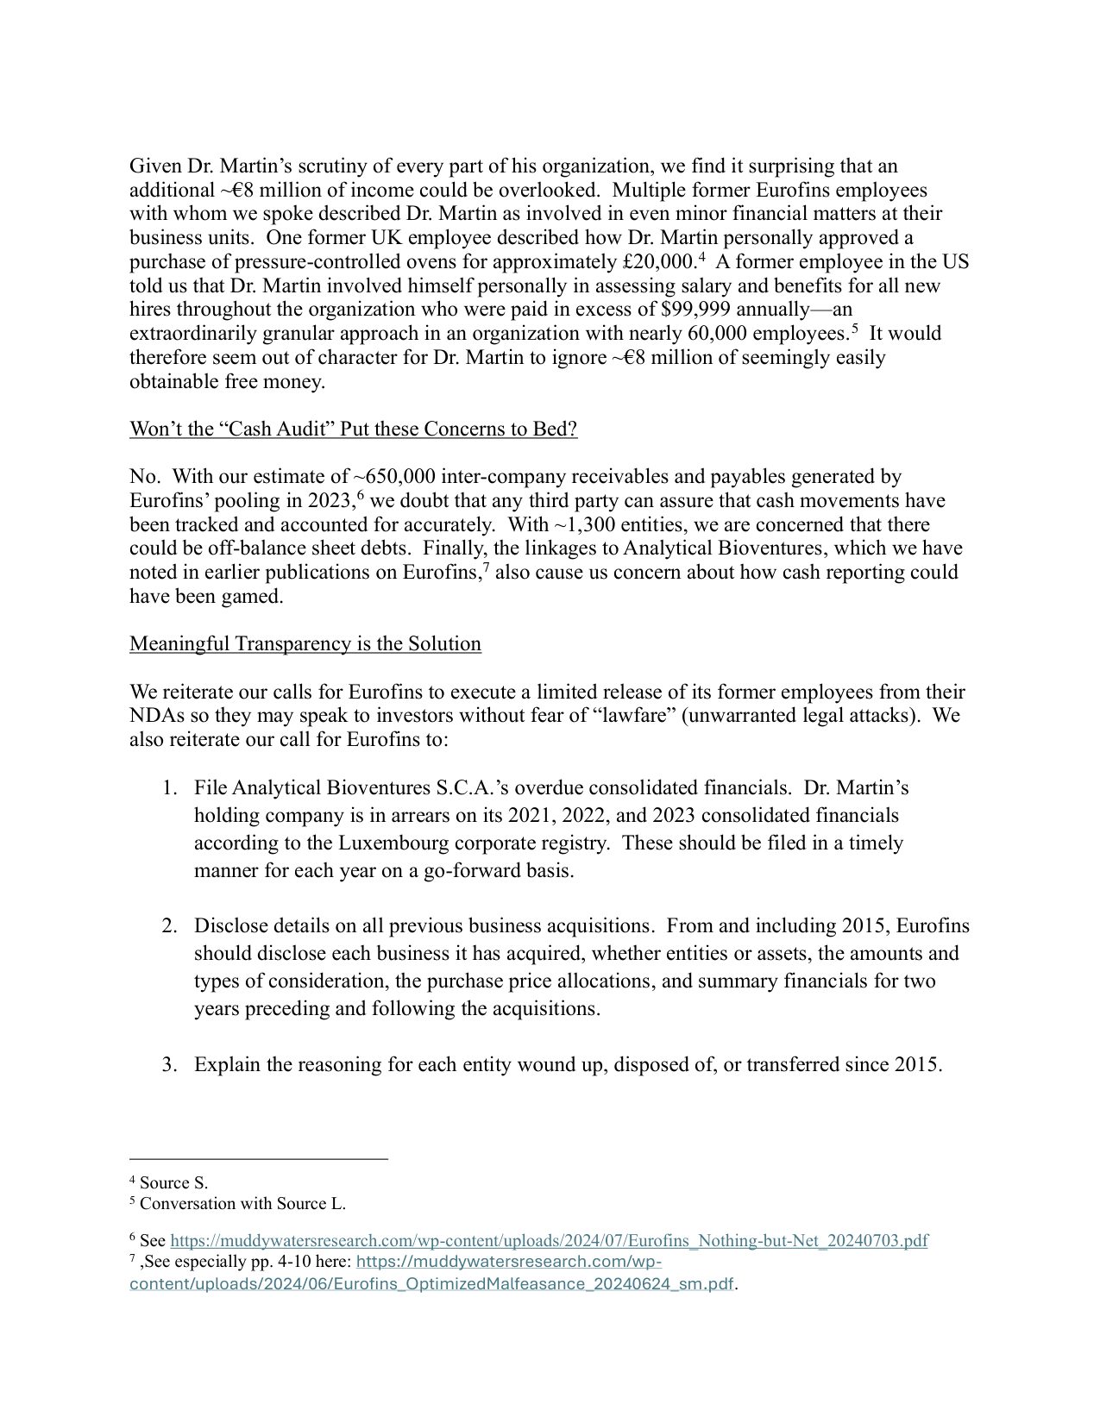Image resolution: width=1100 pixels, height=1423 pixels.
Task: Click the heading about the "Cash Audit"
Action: pyautogui.click(x=353, y=429)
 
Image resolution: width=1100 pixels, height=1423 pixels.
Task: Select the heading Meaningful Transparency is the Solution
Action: pyautogui.click(x=305, y=644)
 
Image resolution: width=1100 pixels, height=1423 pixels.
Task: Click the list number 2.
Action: pyautogui.click(x=169, y=926)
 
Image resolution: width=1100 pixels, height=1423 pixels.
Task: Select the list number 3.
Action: pyautogui.click(x=169, y=1064)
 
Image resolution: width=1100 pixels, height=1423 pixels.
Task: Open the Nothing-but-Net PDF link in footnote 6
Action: pyautogui.click(x=549, y=1241)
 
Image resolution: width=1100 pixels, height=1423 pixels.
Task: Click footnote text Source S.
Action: pyautogui.click(x=173, y=1183)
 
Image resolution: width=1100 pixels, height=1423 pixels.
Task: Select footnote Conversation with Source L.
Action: pyautogui.click(x=242, y=1203)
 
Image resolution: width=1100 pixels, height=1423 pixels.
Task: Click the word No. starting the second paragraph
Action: pyautogui.click(x=143, y=477)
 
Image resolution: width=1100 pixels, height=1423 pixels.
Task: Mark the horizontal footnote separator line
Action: pyautogui.click(x=258, y=1160)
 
